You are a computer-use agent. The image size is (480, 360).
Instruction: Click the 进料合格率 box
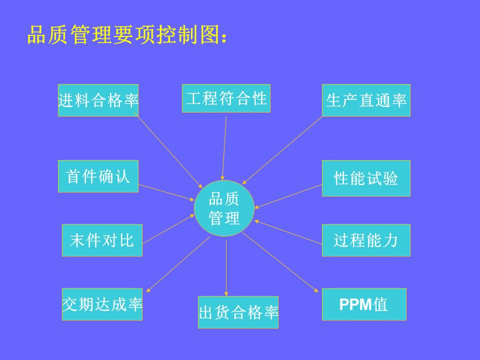(98, 100)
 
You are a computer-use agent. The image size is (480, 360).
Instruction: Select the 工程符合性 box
(226, 98)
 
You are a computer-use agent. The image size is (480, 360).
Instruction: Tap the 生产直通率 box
(366, 100)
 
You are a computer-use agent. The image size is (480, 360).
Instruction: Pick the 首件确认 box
(98, 176)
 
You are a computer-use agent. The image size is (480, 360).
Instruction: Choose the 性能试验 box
(366, 178)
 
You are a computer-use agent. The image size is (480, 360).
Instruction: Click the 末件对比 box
(102, 240)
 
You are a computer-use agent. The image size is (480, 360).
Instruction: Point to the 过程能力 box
(366, 240)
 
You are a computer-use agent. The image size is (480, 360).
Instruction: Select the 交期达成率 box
(102, 304)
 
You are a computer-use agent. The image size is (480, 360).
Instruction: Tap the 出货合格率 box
(238, 312)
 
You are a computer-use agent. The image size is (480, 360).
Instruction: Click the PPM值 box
(364, 304)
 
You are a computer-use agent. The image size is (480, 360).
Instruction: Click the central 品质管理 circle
(224, 208)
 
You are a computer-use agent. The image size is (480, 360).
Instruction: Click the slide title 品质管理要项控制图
(127, 35)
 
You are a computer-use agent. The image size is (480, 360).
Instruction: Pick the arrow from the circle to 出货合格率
(226, 267)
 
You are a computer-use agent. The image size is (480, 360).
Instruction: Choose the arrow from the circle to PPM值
(280, 263)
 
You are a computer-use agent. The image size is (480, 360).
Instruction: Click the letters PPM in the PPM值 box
(355, 304)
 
